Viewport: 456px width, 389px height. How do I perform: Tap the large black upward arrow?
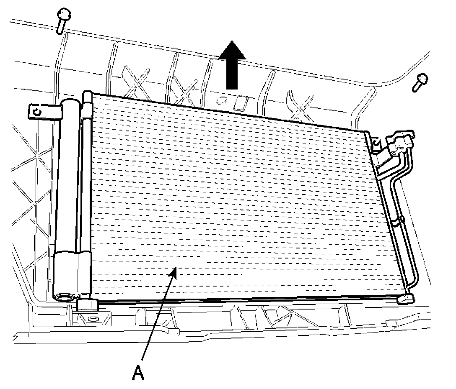(x=232, y=65)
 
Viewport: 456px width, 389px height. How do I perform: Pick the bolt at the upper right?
(x=420, y=82)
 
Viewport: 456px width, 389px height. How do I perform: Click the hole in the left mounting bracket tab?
(x=37, y=112)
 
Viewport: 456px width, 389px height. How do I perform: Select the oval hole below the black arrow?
(x=223, y=100)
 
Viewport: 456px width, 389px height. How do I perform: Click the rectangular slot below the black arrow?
(x=241, y=102)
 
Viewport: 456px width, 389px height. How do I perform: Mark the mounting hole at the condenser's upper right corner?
(x=376, y=143)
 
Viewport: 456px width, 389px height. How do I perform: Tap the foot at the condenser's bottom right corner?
(x=406, y=299)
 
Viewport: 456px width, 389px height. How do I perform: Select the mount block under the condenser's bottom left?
(x=88, y=305)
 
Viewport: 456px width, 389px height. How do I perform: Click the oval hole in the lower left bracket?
(x=92, y=319)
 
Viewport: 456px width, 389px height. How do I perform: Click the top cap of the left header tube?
(x=87, y=96)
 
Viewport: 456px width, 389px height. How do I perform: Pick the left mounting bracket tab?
(x=45, y=111)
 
